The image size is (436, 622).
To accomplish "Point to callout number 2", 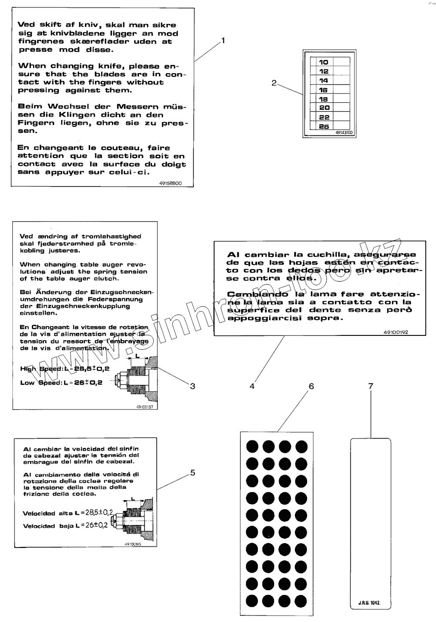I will point(274,83).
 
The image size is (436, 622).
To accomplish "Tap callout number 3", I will point(192,386).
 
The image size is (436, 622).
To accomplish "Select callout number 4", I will point(252,386).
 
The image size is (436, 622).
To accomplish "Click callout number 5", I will point(193,473).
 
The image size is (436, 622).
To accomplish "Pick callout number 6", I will point(311,386).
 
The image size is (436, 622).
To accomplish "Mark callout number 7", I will point(371,386).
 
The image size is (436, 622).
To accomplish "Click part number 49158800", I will point(170,183).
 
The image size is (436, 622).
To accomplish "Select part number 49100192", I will point(395,332).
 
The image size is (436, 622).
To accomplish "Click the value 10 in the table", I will point(324,62).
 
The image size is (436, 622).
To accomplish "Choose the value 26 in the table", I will point(324,126).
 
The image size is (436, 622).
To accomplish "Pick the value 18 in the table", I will point(324,99).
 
